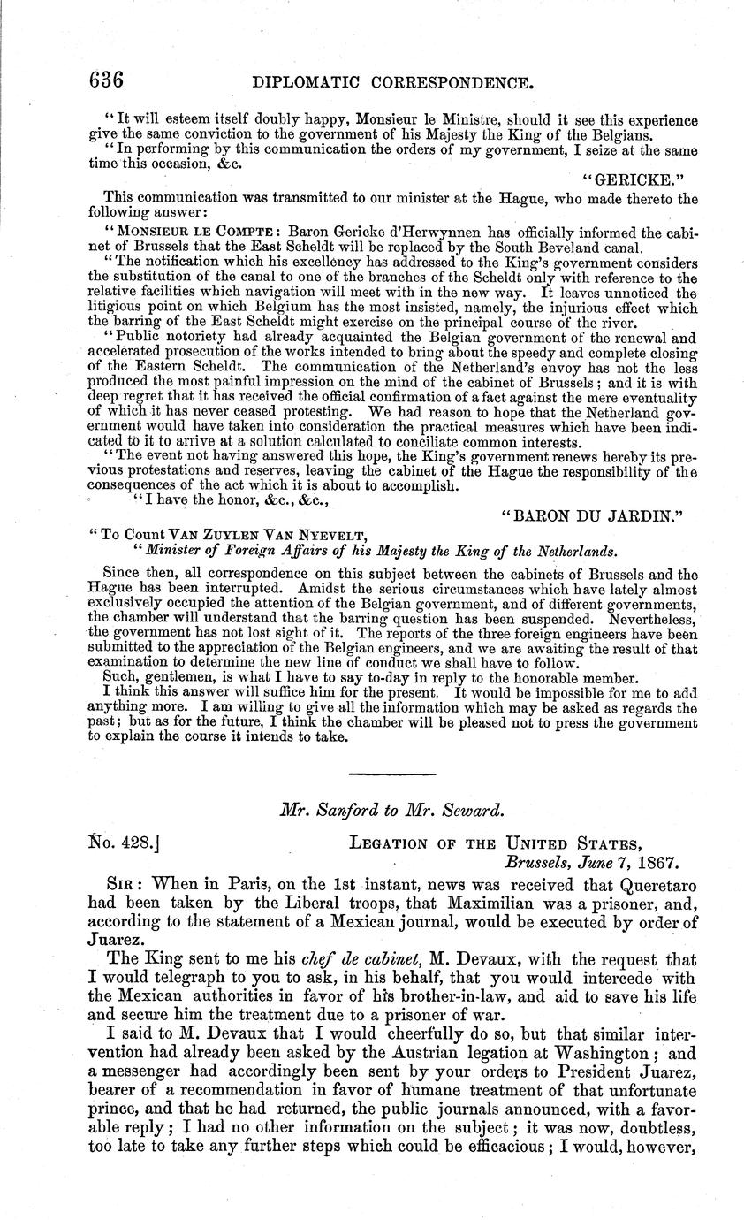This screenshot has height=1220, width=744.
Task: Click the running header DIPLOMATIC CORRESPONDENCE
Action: point(392,84)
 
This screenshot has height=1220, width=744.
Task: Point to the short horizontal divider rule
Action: point(393,774)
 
